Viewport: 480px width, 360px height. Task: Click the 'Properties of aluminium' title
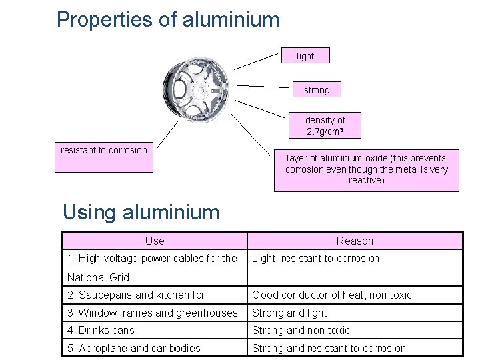[168, 19]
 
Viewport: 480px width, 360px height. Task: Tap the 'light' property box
[305, 56]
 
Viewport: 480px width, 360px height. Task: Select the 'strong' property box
[317, 89]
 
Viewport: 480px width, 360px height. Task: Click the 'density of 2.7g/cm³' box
[325, 125]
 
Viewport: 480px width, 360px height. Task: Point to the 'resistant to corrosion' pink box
[104, 157]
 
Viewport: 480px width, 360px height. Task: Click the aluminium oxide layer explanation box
[366, 169]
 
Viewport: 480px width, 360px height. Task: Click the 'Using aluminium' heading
[141, 212]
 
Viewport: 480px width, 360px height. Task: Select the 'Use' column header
[155, 241]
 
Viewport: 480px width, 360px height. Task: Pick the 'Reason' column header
[355, 241]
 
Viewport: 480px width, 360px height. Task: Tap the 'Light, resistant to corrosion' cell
[315, 259]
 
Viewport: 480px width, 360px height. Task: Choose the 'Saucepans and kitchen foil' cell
[137, 295]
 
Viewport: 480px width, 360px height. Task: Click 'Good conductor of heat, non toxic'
[332, 295]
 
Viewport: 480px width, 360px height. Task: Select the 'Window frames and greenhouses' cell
[153, 313]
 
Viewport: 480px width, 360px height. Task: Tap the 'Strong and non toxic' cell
[301, 331]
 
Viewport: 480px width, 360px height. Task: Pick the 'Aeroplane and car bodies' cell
[134, 348]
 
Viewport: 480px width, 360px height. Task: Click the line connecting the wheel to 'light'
[255, 61]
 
